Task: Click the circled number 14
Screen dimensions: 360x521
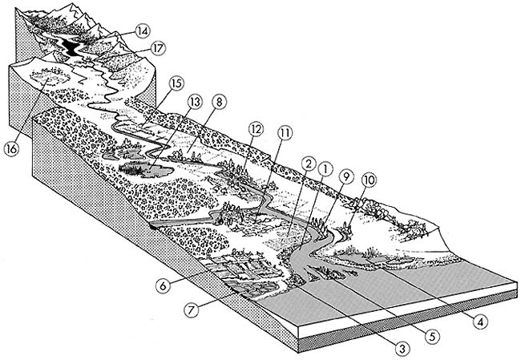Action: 143,31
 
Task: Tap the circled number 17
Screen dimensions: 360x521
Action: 157,49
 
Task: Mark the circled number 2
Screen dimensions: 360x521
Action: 306,162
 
